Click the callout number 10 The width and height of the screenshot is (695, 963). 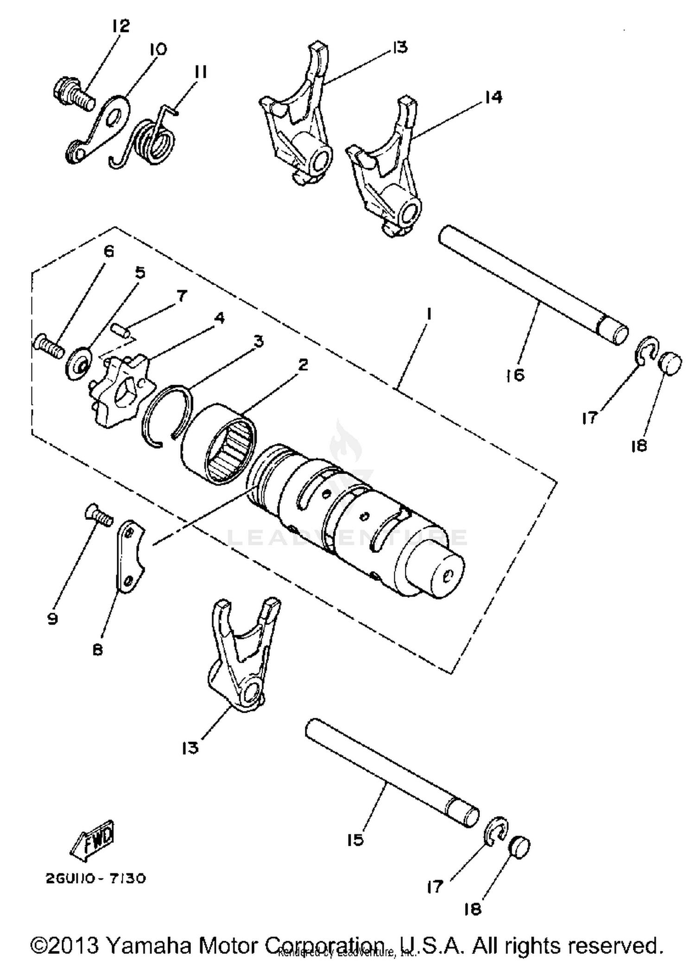(158, 49)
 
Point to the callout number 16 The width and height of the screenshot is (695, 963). (515, 374)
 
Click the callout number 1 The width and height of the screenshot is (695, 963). (429, 315)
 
